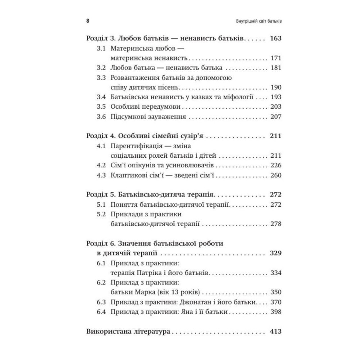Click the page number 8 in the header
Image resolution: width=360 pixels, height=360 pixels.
click(x=88, y=21)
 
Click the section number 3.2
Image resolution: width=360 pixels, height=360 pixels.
click(x=102, y=68)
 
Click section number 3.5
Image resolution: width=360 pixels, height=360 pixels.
click(x=102, y=107)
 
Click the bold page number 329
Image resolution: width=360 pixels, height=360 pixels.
click(x=275, y=253)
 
